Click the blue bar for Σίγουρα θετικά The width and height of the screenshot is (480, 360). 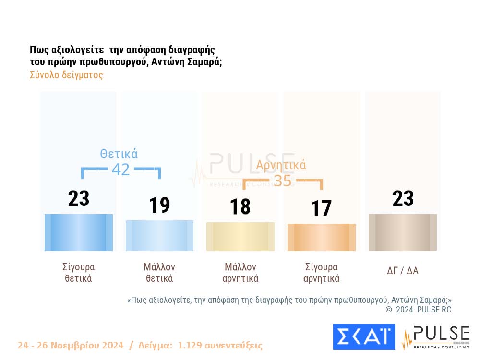[79, 232]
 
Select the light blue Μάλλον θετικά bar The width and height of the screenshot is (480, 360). [159, 235]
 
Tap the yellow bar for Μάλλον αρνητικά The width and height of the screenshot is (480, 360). [240, 236]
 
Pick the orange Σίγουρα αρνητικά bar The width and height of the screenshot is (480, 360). [322, 237]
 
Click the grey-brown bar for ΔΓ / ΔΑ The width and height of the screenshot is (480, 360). [403, 232]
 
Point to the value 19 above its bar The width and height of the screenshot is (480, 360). [159, 205]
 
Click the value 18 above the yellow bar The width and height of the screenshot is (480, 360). [240, 206]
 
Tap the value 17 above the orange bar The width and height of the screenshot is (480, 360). [321, 208]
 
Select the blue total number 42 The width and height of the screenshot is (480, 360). [121, 169]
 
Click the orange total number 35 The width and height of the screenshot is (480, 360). [283, 180]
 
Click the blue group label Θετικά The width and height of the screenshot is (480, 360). [119, 154]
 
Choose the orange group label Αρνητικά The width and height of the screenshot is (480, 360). [281, 166]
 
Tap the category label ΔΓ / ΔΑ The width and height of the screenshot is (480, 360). [403, 270]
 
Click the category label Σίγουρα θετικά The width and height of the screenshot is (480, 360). [79, 273]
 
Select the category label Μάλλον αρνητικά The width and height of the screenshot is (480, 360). [240, 273]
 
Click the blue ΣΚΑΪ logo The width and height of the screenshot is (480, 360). [363, 337]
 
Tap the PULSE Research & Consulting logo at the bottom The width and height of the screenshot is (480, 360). [436, 337]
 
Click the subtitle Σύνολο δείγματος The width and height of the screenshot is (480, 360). [66, 75]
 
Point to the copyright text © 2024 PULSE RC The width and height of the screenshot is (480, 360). [419, 310]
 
